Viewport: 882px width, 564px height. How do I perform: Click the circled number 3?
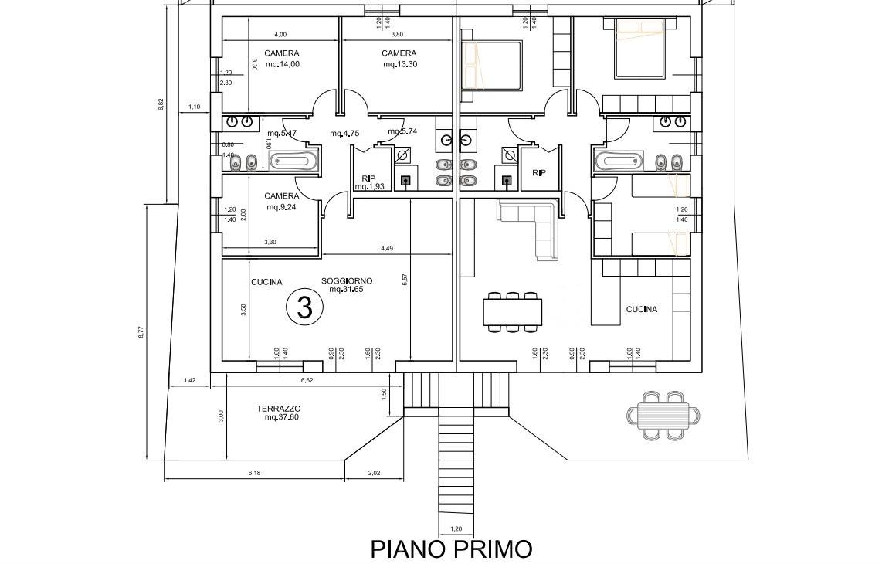(304, 307)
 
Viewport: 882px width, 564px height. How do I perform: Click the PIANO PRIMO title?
(451, 549)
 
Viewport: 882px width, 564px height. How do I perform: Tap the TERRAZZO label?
(278, 409)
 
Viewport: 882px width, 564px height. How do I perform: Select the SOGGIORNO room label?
(347, 280)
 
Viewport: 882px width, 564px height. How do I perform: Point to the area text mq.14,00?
(282, 64)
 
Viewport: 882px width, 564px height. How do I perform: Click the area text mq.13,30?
(400, 64)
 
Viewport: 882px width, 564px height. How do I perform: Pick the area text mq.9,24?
(282, 207)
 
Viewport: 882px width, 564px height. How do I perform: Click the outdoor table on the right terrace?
(663, 416)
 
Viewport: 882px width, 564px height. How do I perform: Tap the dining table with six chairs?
(512, 312)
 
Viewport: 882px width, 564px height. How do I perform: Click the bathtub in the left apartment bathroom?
(293, 161)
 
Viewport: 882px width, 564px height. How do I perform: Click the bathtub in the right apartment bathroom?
(619, 161)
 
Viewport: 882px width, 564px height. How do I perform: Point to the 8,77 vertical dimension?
(141, 331)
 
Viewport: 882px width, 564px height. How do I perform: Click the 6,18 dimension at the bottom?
(254, 472)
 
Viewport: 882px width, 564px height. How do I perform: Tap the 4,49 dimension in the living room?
(387, 248)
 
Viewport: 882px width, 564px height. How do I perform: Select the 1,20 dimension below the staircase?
(455, 529)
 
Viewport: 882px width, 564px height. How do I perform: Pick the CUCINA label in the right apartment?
(642, 309)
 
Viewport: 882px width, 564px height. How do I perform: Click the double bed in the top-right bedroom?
(639, 50)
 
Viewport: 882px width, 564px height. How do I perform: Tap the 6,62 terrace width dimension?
(307, 380)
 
